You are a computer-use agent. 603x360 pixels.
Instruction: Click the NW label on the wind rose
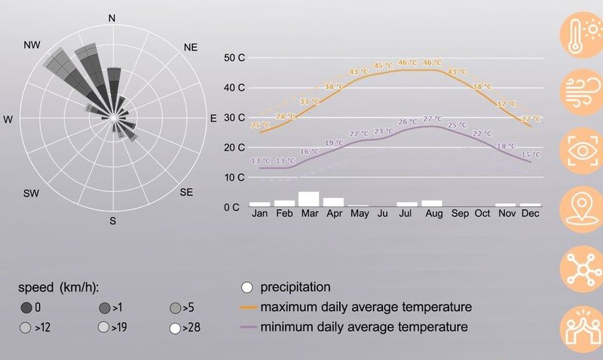[x=31, y=46]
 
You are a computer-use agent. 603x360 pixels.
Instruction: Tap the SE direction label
[x=186, y=193]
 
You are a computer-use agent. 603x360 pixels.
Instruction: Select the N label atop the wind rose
[x=112, y=18]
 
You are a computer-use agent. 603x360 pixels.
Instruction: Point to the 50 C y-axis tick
[x=235, y=58]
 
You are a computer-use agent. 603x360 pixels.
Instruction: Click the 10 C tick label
[x=235, y=178]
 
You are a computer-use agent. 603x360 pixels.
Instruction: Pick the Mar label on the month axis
[x=308, y=214]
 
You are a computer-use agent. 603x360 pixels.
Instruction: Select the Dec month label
[x=530, y=214]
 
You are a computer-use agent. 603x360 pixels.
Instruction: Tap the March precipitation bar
[x=308, y=199]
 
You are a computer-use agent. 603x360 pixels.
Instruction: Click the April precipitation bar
[x=333, y=202]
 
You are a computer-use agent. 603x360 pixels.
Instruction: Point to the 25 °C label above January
[x=260, y=125]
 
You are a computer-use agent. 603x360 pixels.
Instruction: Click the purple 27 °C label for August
[x=432, y=119]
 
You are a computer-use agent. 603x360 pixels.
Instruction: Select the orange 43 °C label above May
[x=359, y=72]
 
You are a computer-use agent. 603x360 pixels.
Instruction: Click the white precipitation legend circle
[x=246, y=287]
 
